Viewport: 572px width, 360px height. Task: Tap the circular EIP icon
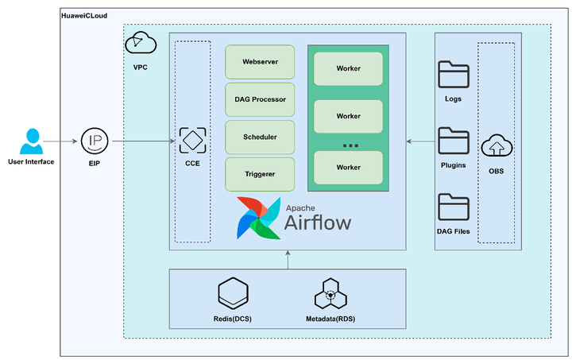95,141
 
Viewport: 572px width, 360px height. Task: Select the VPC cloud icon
141,44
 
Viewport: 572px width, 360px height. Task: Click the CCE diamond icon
192,141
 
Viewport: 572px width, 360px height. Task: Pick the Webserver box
260,61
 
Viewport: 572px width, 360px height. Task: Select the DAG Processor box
260,99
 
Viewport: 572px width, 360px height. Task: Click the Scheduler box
260,137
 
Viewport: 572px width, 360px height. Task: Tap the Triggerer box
260,174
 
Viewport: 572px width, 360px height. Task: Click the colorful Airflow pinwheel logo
258,218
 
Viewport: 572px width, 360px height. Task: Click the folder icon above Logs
454,75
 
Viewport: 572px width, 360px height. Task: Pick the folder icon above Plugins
454,141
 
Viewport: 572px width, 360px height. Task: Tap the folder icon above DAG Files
454,208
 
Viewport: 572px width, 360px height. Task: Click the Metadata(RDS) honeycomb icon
330,293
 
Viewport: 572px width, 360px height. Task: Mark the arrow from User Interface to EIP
61,141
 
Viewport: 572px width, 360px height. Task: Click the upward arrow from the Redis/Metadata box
288,260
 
